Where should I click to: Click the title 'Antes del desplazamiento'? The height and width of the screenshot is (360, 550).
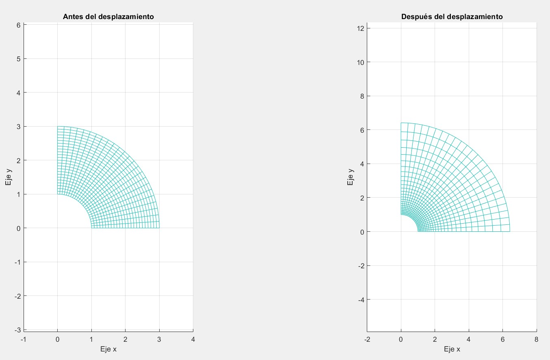point(108,17)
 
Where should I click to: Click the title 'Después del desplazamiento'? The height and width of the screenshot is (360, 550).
point(452,17)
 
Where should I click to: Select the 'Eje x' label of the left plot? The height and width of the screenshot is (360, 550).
point(108,349)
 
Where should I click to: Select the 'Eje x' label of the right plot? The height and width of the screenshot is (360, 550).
point(452,349)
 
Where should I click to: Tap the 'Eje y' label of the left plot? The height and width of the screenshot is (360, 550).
point(8,177)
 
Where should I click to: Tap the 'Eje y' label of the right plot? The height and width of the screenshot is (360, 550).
point(350,177)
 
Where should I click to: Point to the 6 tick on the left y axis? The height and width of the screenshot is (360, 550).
point(19,25)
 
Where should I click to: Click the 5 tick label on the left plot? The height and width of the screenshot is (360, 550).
point(19,59)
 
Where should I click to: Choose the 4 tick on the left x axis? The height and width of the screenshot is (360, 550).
point(193,339)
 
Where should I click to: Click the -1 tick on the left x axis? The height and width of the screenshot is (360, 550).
point(24,339)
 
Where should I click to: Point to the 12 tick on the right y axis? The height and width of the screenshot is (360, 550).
point(359,28)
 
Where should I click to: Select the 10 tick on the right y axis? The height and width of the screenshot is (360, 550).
point(359,62)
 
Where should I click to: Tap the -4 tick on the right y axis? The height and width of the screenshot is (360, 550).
point(359,300)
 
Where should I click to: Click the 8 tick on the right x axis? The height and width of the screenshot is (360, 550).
point(537,339)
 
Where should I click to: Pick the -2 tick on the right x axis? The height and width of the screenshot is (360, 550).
point(367,339)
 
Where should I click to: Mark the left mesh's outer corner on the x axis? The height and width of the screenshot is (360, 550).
point(159,228)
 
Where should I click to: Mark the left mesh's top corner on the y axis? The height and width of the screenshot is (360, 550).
point(58,127)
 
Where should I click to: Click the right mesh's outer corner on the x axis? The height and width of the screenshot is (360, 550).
point(510,231)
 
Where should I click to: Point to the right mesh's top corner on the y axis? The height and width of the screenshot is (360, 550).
point(401,123)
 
